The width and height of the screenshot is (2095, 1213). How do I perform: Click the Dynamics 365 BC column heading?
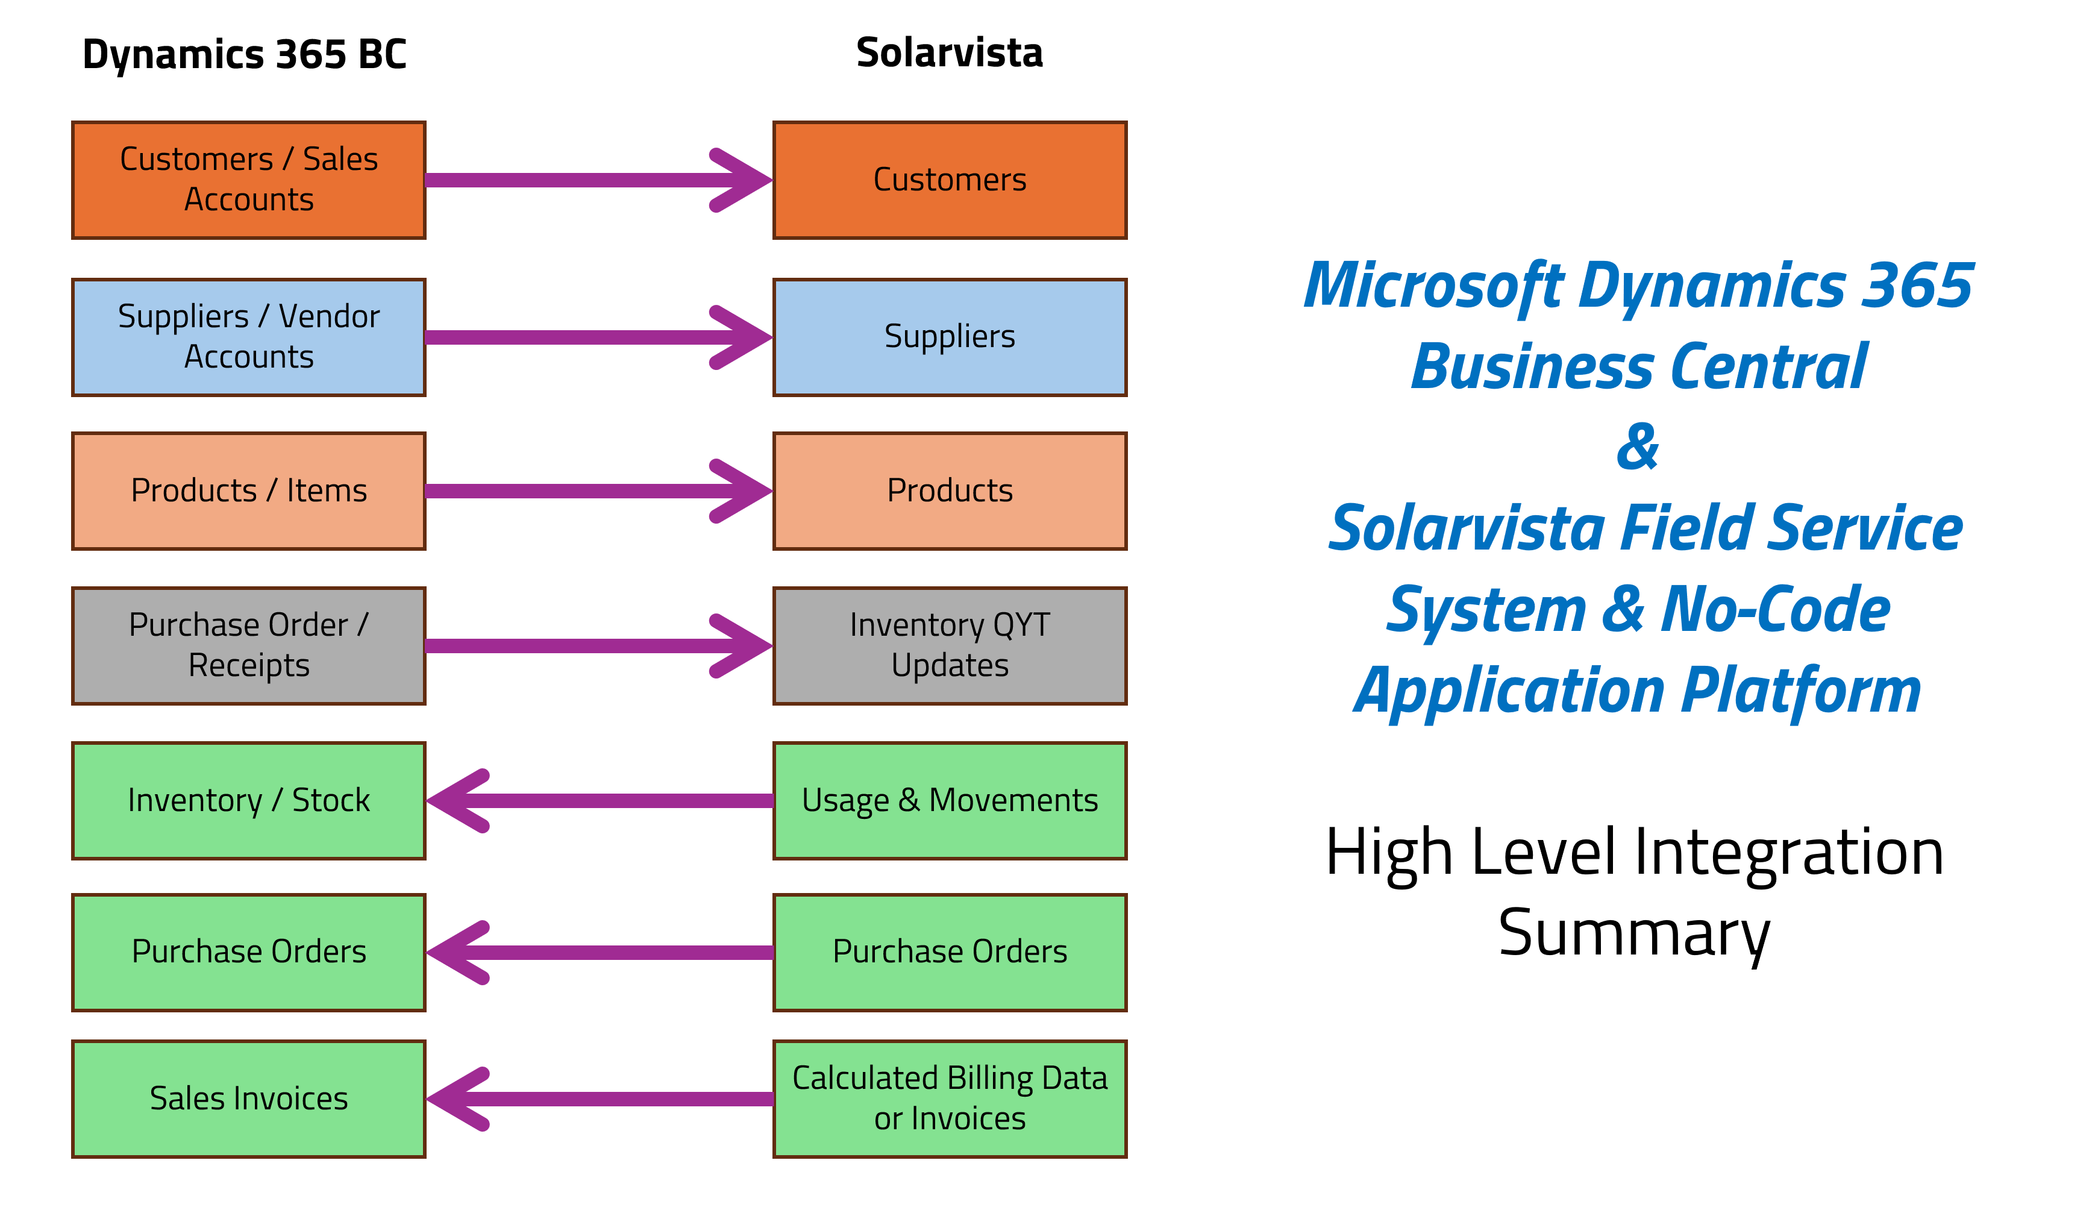click(245, 55)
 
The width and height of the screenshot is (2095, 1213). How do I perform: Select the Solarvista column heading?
click(950, 53)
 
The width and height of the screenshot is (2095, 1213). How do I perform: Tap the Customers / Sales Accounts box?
click(249, 180)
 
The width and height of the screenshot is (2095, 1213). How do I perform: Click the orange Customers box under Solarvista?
click(950, 180)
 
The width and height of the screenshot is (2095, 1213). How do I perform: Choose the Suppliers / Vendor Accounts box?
click(249, 337)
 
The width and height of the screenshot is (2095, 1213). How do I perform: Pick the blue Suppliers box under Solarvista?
click(950, 337)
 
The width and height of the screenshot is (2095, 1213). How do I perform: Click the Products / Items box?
click(249, 491)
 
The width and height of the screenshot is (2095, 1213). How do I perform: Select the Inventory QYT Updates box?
click(950, 646)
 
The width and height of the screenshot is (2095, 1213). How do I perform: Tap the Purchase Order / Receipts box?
click(249, 646)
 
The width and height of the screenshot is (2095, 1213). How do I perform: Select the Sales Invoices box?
click(249, 1099)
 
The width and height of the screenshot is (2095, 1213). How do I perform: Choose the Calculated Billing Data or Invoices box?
click(950, 1099)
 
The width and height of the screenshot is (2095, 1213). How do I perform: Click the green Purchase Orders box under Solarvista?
click(950, 952)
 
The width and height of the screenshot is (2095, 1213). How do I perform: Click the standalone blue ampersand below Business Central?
click(1637, 447)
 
